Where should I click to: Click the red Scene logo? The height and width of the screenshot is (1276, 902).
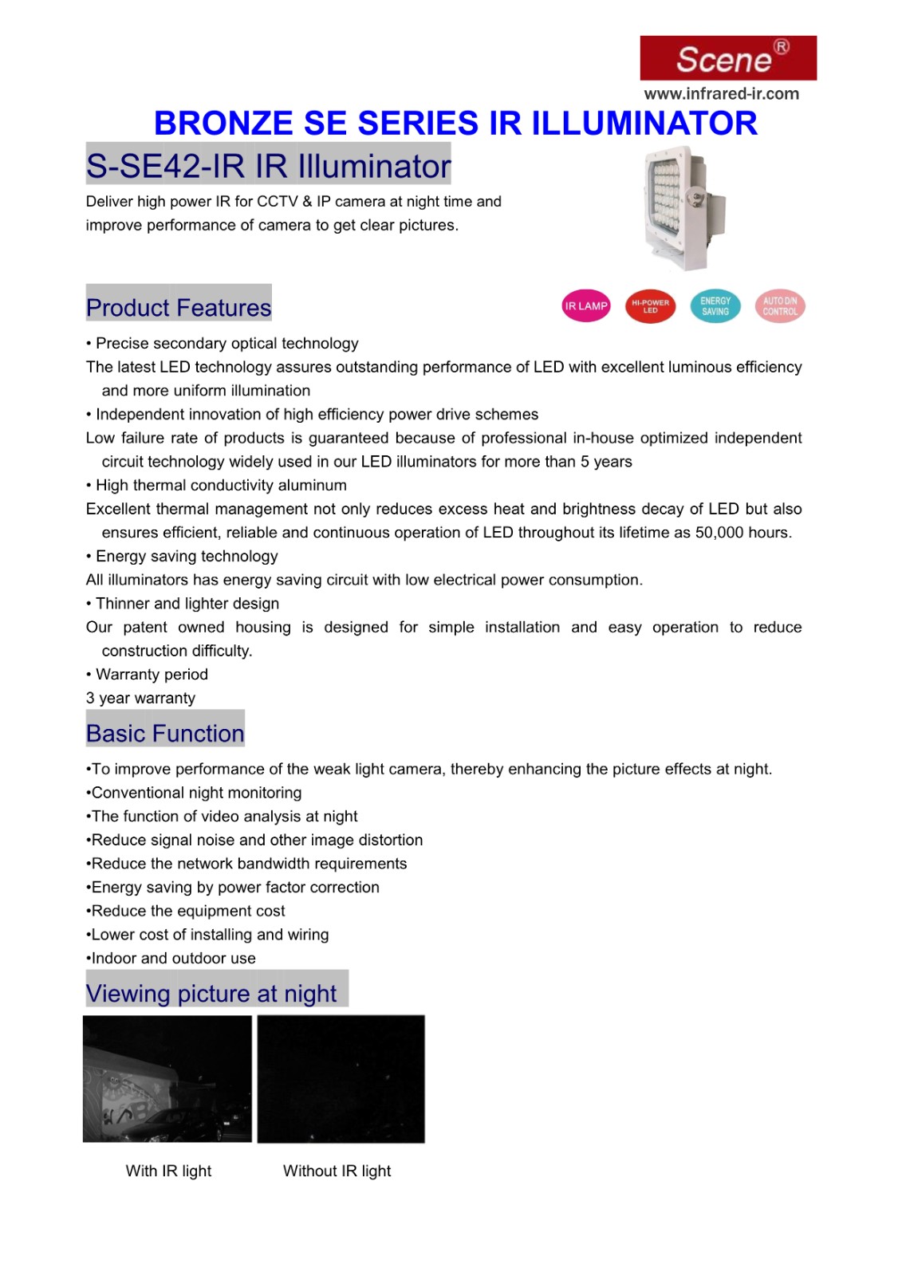pyautogui.click(x=727, y=58)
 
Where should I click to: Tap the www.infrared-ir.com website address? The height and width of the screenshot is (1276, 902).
pyautogui.click(x=721, y=93)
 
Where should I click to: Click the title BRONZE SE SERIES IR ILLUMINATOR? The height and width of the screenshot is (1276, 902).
pyautogui.click(x=455, y=124)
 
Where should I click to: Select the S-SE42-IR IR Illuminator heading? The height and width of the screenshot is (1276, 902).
pyautogui.click(x=268, y=166)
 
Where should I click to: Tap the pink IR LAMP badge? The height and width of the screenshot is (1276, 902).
pyautogui.click(x=586, y=306)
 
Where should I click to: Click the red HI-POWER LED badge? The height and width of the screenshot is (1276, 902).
pyautogui.click(x=651, y=306)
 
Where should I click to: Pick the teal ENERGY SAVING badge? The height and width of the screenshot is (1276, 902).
pyautogui.click(x=715, y=306)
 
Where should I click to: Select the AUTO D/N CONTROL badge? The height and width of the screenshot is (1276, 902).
pyautogui.click(x=780, y=306)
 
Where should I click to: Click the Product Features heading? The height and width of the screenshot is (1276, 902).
pyautogui.click(x=179, y=307)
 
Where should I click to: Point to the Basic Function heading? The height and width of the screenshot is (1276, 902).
pyautogui.click(x=165, y=733)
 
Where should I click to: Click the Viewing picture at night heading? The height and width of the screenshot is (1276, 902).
pyautogui.click(x=211, y=993)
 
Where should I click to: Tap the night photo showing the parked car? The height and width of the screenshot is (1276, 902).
pyautogui.click(x=167, y=1078)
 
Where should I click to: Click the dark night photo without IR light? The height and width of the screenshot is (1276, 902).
pyautogui.click(x=341, y=1078)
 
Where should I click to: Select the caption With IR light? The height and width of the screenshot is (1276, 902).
pyautogui.click(x=168, y=1171)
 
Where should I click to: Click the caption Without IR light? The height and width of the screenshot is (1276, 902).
pyautogui.click(x=337, y=1171)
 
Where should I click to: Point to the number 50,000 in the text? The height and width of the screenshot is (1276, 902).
pyautogui.click(x=720, y=533)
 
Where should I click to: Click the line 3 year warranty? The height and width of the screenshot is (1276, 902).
pyautogui.click(x=141, y=698)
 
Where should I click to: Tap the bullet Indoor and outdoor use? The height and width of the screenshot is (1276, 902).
pyautogui.click(x=173, y=958)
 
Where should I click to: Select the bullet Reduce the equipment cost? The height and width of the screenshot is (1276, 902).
pyautogui.click(x=187, y=911)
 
